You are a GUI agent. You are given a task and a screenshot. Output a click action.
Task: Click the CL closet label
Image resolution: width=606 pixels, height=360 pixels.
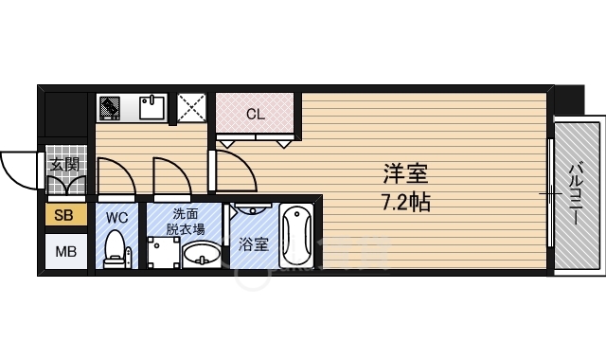coord(255,115)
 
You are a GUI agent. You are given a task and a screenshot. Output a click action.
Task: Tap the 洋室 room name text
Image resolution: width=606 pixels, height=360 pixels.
coord(405,174)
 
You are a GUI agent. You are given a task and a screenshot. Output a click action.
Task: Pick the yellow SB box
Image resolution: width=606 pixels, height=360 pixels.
coord(64,216)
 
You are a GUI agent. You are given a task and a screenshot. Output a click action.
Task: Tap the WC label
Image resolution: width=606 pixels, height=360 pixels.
coord(116,217)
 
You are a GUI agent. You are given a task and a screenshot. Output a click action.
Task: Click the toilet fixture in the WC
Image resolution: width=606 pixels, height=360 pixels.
coord(116,249)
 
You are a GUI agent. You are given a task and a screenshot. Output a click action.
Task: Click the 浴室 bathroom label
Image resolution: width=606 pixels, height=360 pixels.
coord(253,243)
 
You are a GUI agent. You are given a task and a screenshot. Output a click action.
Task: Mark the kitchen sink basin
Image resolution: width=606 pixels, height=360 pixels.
coord(151,108)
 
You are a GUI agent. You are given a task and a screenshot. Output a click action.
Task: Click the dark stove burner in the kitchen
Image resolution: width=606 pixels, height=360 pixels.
coord(109,107)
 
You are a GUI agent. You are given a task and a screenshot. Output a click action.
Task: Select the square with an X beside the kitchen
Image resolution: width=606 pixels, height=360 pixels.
coord(193,108)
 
